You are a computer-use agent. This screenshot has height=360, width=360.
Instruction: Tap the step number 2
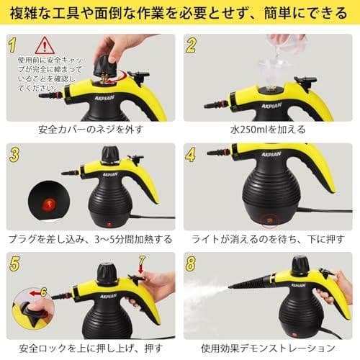pyautogui.click(x=191, y=45)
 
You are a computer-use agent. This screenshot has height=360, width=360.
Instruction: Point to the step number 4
pyautogui.click(x=191, y=154)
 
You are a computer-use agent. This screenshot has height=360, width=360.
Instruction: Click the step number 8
pyautogui.click(x=191, y=264)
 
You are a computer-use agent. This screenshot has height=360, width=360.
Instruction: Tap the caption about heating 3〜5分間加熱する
pyautogui.click(x=90, y=239)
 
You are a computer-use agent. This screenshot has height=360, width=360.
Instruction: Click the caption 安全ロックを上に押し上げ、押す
pyautogui.click(x=90, y=349)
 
